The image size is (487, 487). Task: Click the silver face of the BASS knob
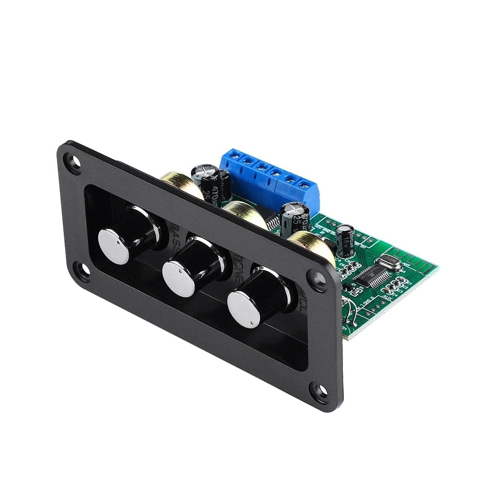coord(113,245)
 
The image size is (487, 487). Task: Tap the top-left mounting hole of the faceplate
coord(75,163)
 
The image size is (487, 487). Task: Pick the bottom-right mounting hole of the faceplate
coord(320,390)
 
